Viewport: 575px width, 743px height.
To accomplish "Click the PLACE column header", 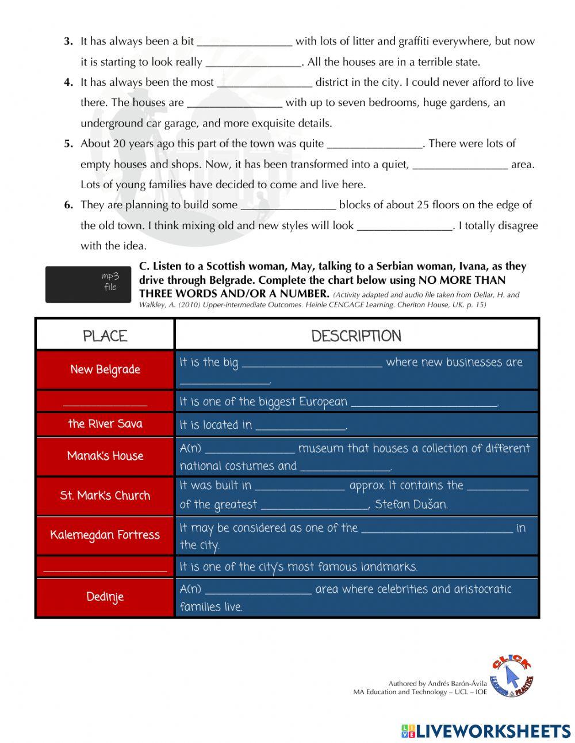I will pos(105,336).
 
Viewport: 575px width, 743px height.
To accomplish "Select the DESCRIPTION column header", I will pos(356,336).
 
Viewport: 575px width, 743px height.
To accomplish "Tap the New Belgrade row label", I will pos(105,369).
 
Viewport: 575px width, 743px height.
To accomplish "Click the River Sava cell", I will pos(105,424).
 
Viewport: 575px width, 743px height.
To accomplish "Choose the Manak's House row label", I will pos(105,456).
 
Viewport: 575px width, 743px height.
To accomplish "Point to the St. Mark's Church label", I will pos(105,496).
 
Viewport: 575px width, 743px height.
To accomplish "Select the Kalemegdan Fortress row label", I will pos(105,535).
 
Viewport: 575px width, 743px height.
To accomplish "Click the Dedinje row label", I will pos(105,597).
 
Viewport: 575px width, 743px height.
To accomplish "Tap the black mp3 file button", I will pos(88,283).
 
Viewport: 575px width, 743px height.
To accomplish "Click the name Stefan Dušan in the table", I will pos(411,505).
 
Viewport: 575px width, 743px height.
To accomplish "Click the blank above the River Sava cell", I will pos(105,401).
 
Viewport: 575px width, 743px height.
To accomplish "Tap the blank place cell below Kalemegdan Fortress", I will pos(105,567).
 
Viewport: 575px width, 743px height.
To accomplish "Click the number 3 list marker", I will pos(68,41).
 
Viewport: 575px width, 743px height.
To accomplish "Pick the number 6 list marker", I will pos(68,205).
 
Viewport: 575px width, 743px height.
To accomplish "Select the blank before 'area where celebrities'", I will pos(258,589).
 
